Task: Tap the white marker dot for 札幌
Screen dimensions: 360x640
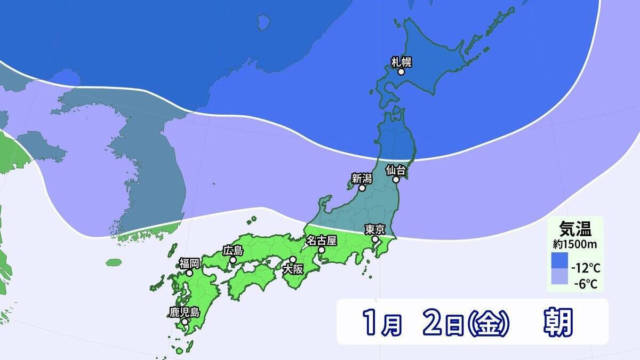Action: pyautogui.click(x=401, y=71)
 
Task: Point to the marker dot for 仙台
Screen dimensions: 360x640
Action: pyautogui.click(x=396, y=180)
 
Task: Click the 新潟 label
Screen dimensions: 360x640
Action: pyautogui.click(x=361, y=178)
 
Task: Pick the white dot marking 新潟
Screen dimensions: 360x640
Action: pyautogui.click(x=362, y=188)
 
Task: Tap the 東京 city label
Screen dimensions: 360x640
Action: pyautogui.click(x=374, y=230)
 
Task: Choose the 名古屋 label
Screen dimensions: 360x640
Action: pyautogui.click(x=321, y=240)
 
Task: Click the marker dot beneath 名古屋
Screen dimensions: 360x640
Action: pyautogui.click(x=321, y=250)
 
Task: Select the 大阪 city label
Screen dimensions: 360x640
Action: pyautogui.click(x=292, y=269)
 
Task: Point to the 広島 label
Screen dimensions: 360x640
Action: pyautogui.click(x=233, y=250)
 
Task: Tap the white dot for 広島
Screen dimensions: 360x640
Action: pyautogui.click(x=233, y=260)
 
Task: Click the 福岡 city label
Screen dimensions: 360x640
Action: pyautogui.click(x=189, y=263)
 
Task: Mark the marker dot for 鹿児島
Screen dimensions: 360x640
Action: pyautogui.click(x=185, y=322)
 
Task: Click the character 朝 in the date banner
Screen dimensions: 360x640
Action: pyautogui.click(x=558, y=323)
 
